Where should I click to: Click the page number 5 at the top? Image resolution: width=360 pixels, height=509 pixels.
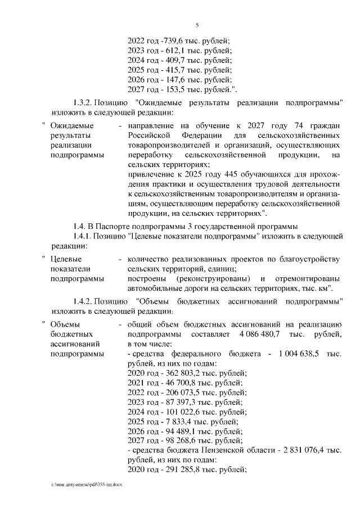tap(197, 25)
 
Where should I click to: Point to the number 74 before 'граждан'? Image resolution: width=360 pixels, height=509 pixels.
tap(276, 125)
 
